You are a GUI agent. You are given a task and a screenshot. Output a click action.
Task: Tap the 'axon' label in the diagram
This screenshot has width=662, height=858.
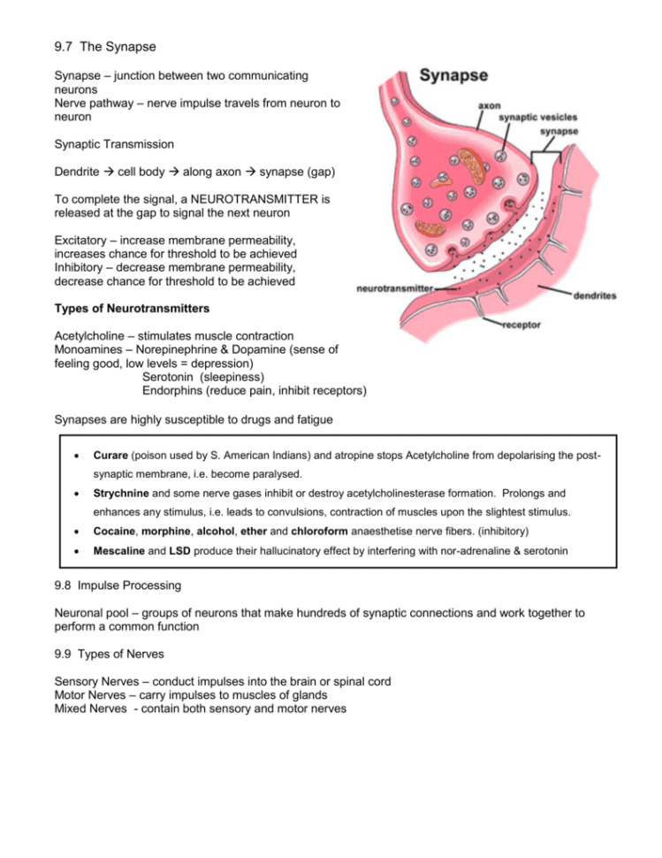(x=489, y=104)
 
